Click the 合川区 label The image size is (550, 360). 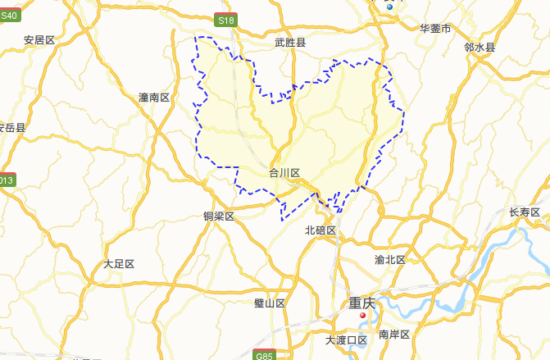[x=284, y=173]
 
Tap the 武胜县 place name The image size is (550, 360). [x=290, y=42]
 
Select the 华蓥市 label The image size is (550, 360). [x=435, y=29]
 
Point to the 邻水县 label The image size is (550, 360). [x=480, y=48]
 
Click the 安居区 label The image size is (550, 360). [x=39, y=39]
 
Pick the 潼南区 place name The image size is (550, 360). [x=153, y=98]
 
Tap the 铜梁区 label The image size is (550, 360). [x=219, y=216]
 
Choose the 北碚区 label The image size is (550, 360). [x=320, y=230]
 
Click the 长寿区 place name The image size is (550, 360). [x=525, y=212]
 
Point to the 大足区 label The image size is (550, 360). [x=119, y=264]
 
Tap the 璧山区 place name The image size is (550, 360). [x=270, y=303]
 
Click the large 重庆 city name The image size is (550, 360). [x=361, y=303]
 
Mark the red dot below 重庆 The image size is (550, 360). [x=361, y=315]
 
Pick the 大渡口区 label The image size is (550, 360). [x=346, y=339]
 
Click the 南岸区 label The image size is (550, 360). [x=394, y=335]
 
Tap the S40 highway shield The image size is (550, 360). [x=9, y=15]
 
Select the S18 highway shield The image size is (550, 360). [x=225, y=19]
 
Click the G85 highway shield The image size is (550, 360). [x=263, y=356]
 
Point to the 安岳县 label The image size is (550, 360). [x=12, y=128]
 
